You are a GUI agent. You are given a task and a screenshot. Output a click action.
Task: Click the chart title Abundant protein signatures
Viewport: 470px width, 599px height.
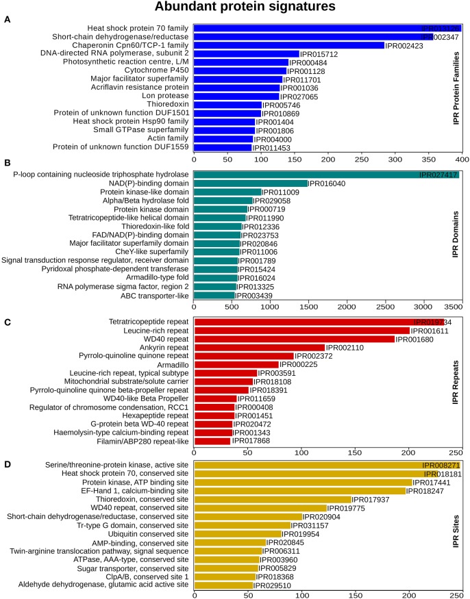pyautogui.click(x=235, y=8)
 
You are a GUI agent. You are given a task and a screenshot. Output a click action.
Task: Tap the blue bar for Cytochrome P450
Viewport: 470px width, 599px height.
pyautogui.click(x=240, y=71)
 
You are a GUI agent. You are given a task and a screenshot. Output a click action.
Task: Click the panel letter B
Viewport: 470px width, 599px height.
pyautogui.click(x=6, y=164)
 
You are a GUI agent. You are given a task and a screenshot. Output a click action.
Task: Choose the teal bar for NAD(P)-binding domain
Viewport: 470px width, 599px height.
pyautogui.click(x=251, y=183)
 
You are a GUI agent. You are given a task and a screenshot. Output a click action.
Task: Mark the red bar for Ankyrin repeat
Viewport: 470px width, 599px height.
pyautogui.click(x=260, y=347)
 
